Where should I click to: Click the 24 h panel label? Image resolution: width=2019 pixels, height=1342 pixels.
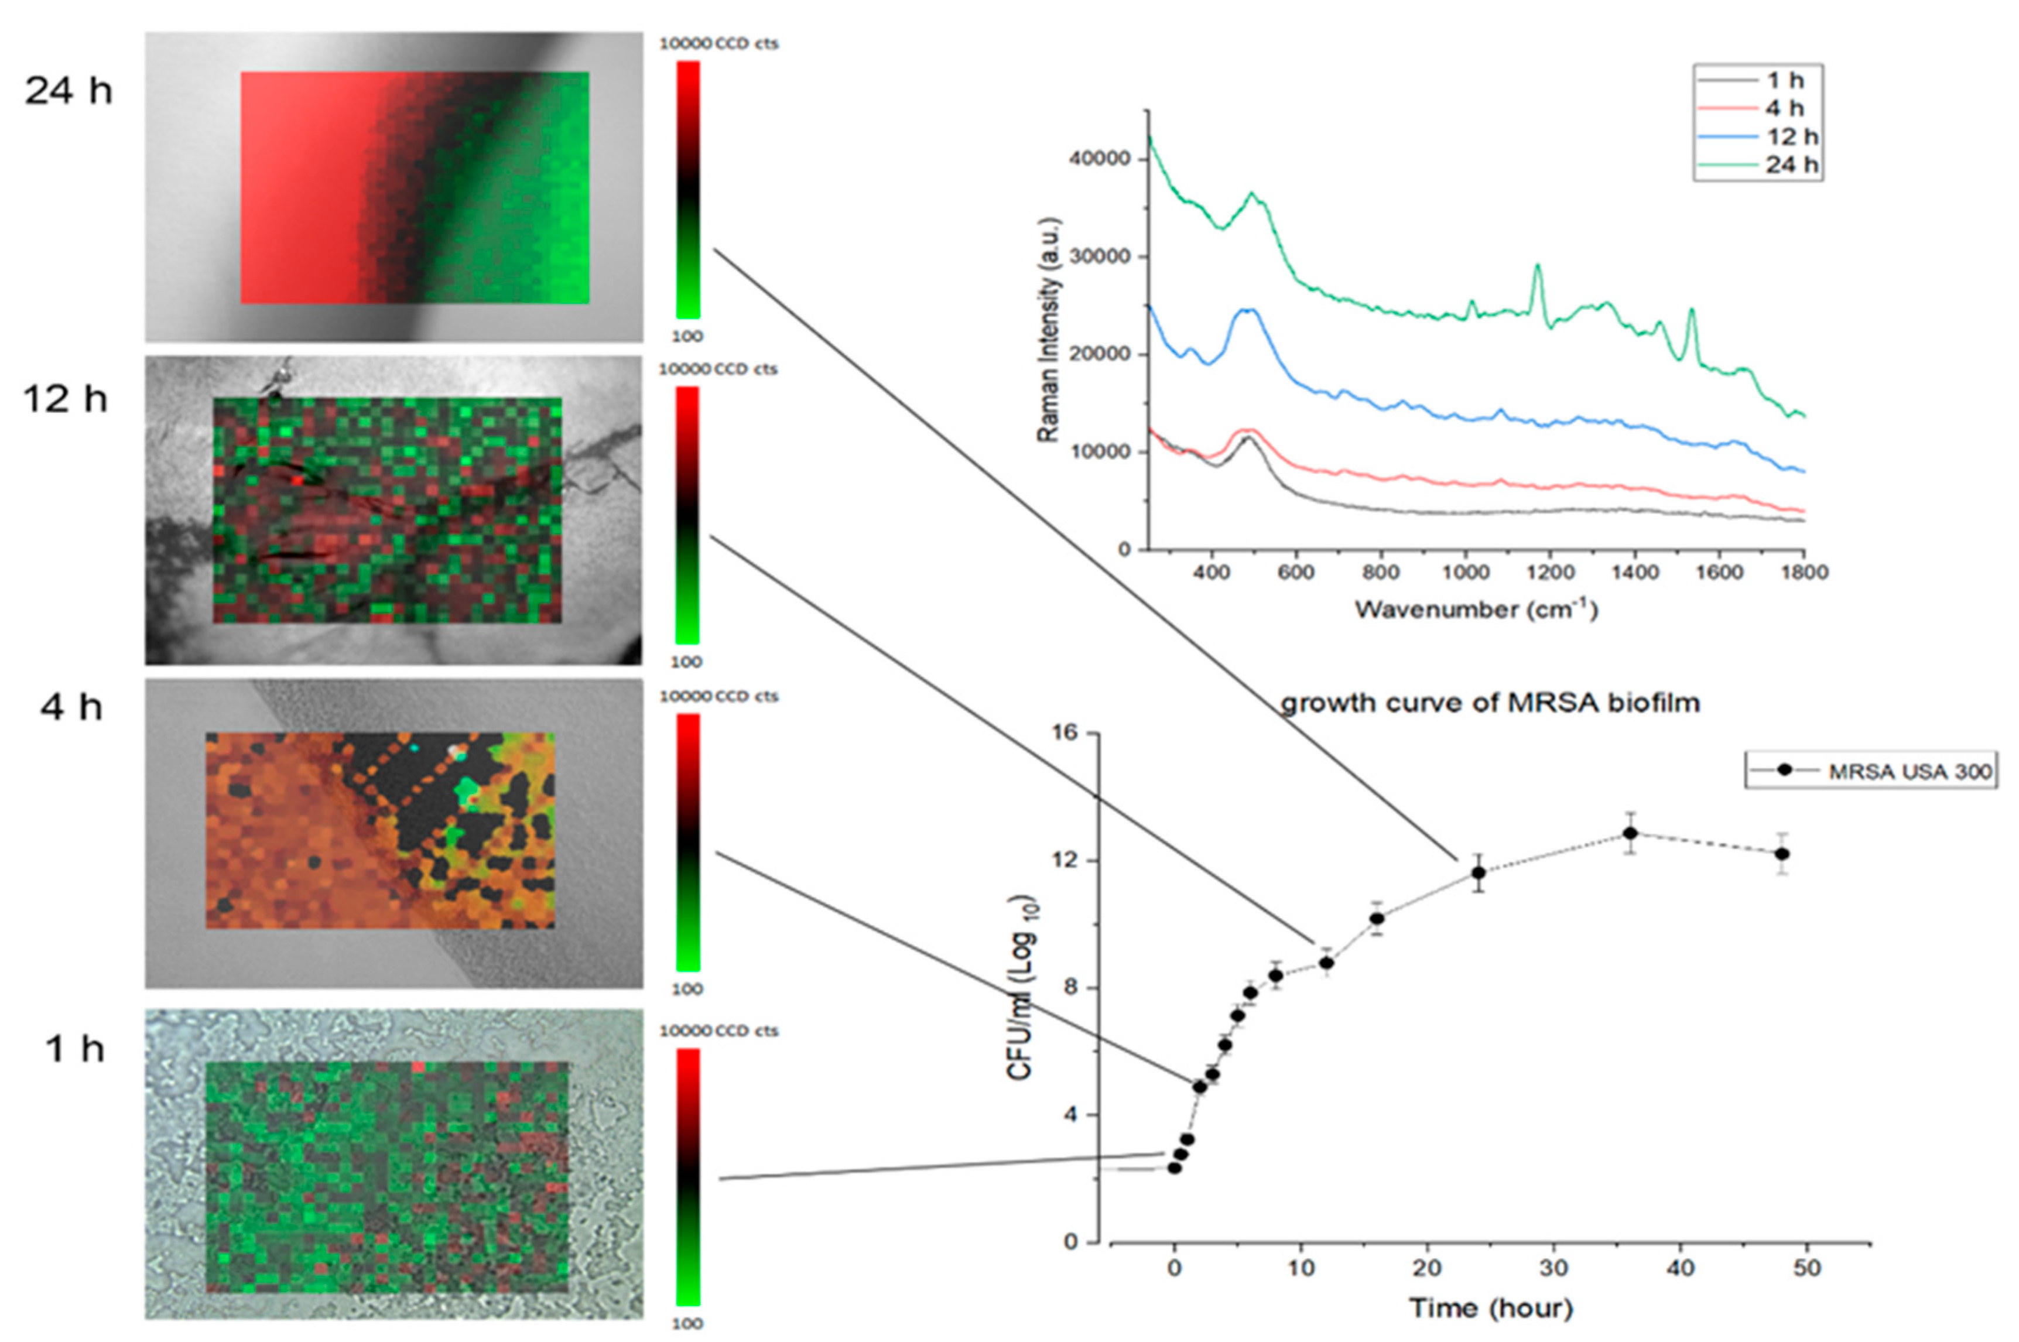click(x=69, y=90)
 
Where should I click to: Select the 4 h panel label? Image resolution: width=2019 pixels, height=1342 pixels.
click(x=71, y=707)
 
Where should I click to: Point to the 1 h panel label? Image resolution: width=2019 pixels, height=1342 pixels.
click(x=74, y=1047)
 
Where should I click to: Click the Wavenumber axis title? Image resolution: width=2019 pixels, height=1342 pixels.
click(x=1476, y=610)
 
